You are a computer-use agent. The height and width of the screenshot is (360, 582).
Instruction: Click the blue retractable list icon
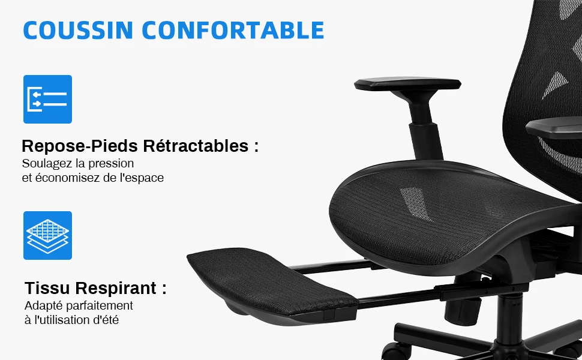pyautogui.click(x=47, y=99)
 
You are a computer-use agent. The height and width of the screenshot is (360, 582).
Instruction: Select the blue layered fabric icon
pyautogui.click(x=47, y=235)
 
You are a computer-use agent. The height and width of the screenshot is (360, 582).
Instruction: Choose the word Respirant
pyautogui.click(x=120, y=289)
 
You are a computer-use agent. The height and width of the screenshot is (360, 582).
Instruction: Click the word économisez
pyautogui.click(x=69, y=178)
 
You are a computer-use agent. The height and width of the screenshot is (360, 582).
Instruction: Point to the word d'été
pyautogui.click(x=104, y=320)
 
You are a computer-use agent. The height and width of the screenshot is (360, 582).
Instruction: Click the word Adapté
pyautogui.click(x=43, y=306)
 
